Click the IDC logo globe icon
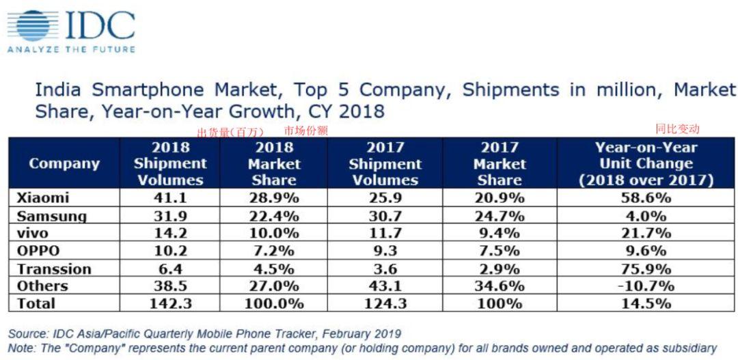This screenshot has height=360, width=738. point(34,25)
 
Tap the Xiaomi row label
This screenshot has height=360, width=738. point(42,198)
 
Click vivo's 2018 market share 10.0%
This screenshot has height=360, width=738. point(274,233)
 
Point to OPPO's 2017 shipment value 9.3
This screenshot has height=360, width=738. point(385,251)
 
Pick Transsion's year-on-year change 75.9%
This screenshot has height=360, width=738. point(645,268)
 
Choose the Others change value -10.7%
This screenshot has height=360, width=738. point(645,286)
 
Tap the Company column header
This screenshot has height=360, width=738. point(64,164)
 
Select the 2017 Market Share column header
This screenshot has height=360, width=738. point(499,164)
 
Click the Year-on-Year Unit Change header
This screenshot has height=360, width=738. point(646,164)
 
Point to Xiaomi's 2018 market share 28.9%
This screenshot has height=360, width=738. point(274,198)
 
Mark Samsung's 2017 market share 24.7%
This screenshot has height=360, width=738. point(499,216)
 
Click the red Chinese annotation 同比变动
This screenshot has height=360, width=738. point(677,128)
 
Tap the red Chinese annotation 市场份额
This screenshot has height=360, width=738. point(305,130)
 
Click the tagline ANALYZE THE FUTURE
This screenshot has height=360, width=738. point(71,49)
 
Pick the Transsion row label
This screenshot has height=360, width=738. point(53,268)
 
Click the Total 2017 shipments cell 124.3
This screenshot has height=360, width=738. point(385,303)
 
